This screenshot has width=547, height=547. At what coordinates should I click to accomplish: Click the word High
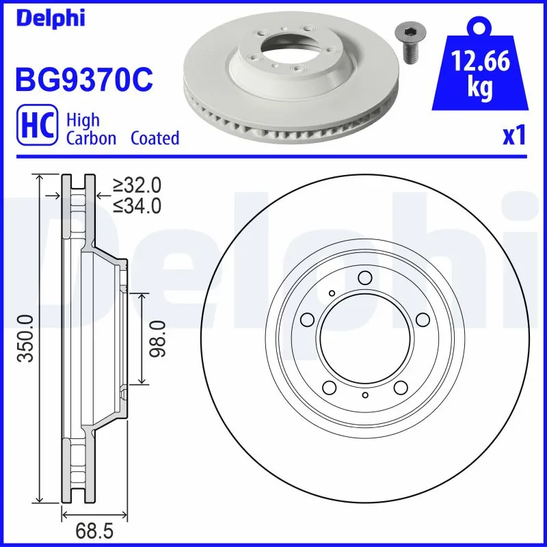coord(83,120)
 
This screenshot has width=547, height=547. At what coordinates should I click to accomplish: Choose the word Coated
coord(155,138)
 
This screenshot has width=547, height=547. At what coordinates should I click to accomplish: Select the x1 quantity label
coord(513,136)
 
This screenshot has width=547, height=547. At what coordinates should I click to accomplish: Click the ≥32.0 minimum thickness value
coord(137,185)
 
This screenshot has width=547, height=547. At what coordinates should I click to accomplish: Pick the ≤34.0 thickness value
coord(137,204)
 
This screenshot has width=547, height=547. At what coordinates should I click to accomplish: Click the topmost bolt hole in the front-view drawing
coord(364,277)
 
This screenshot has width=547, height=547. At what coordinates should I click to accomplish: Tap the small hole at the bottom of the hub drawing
coord(365,396)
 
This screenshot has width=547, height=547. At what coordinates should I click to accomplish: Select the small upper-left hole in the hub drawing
coord(332,293)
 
